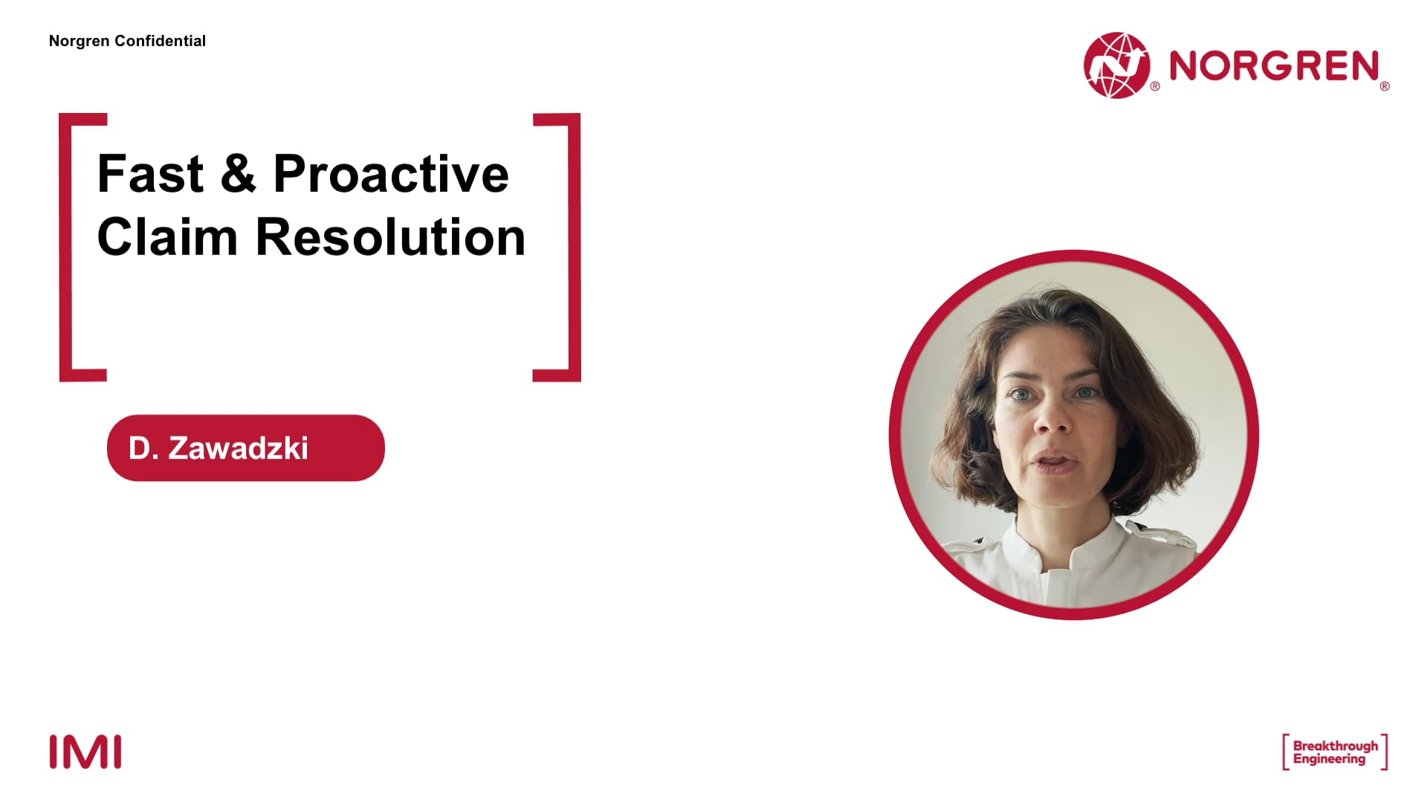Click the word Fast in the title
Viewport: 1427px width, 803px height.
coord(150,173)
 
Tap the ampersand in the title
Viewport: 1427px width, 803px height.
coord(238,173)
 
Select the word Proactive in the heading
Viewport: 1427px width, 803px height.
coord(391,173)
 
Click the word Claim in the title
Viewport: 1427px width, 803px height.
coord(167,237)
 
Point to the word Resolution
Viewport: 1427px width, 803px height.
coord(390,237)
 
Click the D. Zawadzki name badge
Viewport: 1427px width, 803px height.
coord(246,448)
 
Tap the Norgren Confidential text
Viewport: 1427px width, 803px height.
coord(127,41)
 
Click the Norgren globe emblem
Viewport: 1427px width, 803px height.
coord(1116,65)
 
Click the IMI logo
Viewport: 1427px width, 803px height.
coord(85,752)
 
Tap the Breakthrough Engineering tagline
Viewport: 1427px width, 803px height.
coord(1335,752)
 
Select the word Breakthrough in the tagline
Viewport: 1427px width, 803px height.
coord(1336,746)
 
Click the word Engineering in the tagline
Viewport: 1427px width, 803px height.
coord(1330,759)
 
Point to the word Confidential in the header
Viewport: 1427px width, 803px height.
coord(161,41)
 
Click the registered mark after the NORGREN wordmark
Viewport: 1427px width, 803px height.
coord(1385,86)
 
